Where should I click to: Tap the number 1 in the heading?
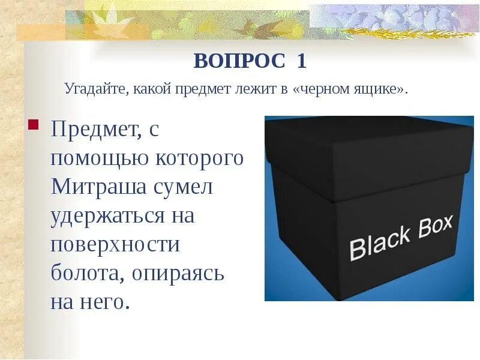pos(301,61)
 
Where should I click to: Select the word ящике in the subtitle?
pos(380,89)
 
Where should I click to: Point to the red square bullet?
pos(33,126)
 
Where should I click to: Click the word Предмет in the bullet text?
pos(94,130)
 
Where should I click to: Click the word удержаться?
pos(107,216)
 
